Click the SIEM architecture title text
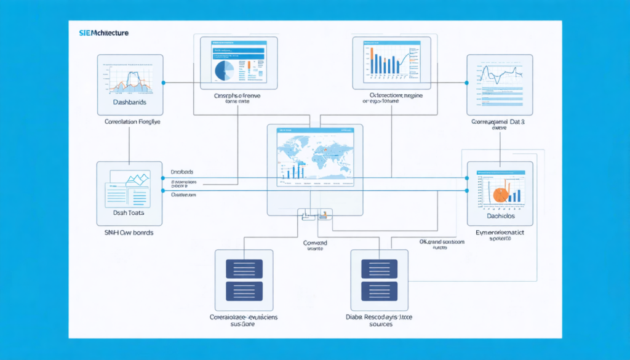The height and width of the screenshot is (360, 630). tap(104, 32)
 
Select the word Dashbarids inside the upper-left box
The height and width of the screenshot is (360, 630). tap(130, 102)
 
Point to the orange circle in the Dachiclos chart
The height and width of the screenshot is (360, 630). tap(500, 194)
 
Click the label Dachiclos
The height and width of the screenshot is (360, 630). tap(499, 216)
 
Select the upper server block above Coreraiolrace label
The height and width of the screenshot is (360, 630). tap(244, 268)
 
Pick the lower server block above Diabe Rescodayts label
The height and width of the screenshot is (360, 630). tap(379, 290)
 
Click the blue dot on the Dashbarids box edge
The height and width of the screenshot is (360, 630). tap(164, 82)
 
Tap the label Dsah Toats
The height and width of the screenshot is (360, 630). tap(129, 212)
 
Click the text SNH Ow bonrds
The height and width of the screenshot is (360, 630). tap(129, 233)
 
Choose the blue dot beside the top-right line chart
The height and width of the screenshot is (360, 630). tap(466, 82)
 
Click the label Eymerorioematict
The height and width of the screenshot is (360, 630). tap(499, 234)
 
